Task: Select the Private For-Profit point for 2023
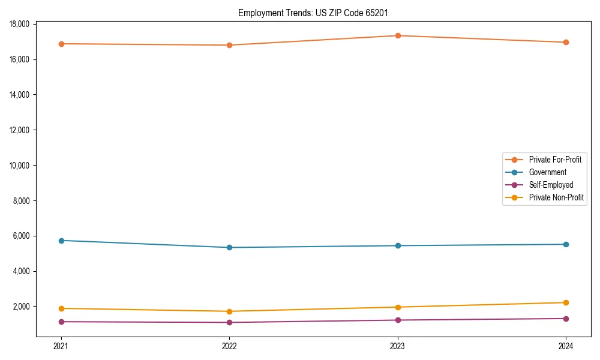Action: (x=398, y=35)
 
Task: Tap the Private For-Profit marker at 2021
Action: (x=61, y=44)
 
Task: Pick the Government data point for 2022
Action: (x=229, y=247)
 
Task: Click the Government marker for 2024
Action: (x=566, y=244)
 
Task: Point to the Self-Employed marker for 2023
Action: (x=398, y=320)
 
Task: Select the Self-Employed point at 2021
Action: (x=61, y=322)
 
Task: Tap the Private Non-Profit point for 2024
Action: (x=566, y=302)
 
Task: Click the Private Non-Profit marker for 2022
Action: (x=229, y=311)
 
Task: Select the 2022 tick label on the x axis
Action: (x=229, y=346)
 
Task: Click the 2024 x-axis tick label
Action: (x=566, y=346)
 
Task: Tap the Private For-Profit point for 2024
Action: (x=566, y=42)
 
